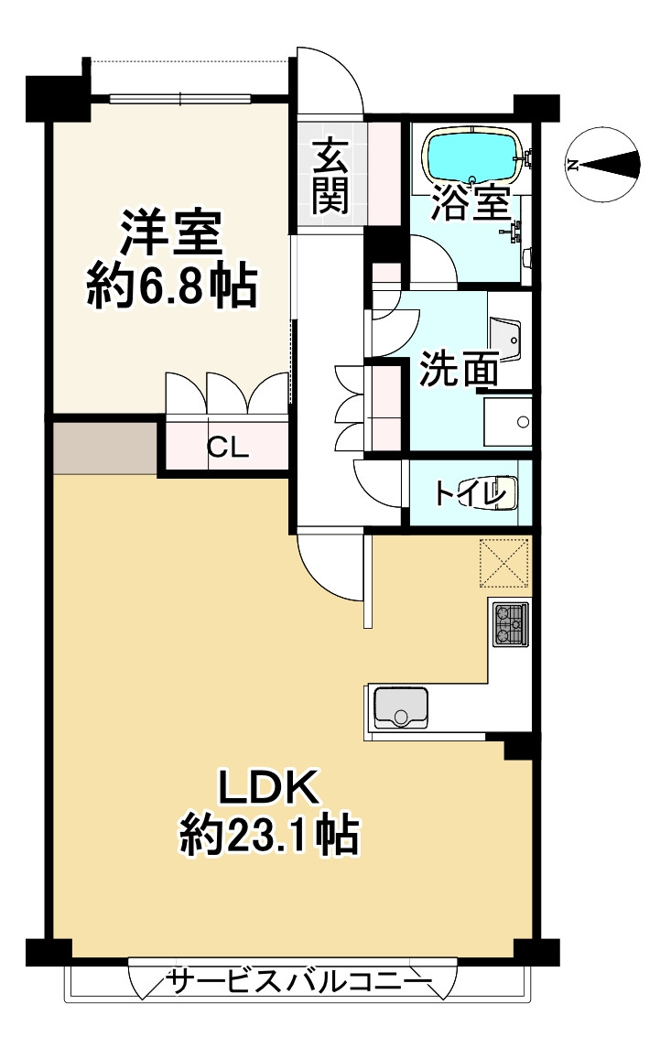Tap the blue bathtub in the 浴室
(x=472, y=158)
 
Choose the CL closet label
(x=226, y=448)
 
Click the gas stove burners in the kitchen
(x=509, y=624)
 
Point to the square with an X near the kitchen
(x=504, y=562)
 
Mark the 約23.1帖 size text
(x=267, y=835)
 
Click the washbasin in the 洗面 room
(x=507, y=340)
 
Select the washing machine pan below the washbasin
(x=507, y=421)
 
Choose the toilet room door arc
(x=378, y=480)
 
